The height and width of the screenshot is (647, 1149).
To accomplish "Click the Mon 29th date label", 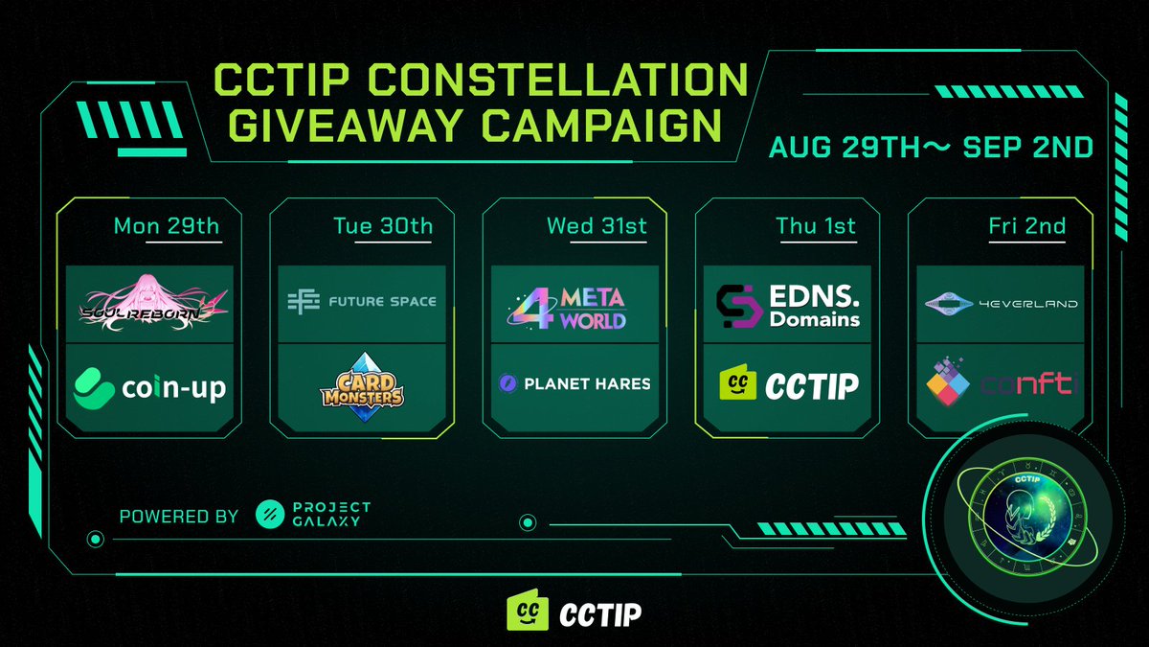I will tap(167, 227).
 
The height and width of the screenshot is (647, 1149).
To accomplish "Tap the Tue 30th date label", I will tap(383, 227).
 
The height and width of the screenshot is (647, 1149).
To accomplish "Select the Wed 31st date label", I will tap(595, 227).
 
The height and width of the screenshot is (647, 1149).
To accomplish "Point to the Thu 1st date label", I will tap(816, 227).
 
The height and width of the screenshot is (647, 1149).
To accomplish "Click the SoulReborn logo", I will tap(155, 302).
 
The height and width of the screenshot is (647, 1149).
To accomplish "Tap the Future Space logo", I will tap(361, 302).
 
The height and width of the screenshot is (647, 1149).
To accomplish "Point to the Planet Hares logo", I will tap(574, 383).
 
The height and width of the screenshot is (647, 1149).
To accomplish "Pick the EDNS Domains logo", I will tap(788, 304).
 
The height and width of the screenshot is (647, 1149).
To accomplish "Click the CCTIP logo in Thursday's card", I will tap(788, 384).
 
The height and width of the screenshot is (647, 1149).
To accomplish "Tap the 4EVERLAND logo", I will tap(1002, 304).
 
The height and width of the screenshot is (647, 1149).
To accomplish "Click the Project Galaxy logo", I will tap(313, 515).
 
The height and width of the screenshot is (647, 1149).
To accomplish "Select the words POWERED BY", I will tap(179, 516).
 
